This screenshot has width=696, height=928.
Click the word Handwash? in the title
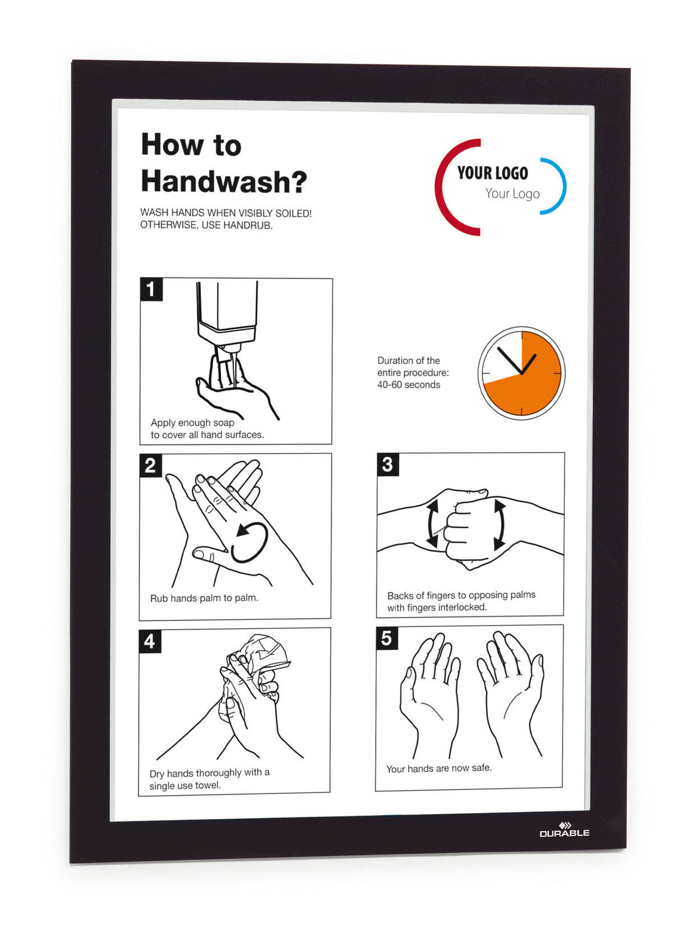223,181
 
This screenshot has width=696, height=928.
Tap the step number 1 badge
151,290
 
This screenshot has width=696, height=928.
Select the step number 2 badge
150,465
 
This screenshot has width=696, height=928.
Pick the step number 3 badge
388,464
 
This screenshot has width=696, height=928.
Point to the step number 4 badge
150,641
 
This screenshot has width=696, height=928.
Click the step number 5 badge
387,638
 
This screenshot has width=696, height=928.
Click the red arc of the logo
455,187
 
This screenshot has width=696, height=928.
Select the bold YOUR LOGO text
493,173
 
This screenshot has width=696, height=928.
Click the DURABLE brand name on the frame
564,832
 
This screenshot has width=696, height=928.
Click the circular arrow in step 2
250,543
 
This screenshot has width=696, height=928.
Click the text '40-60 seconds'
409,385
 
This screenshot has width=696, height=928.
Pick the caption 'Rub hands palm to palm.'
204,598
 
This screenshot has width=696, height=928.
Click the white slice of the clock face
501,358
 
